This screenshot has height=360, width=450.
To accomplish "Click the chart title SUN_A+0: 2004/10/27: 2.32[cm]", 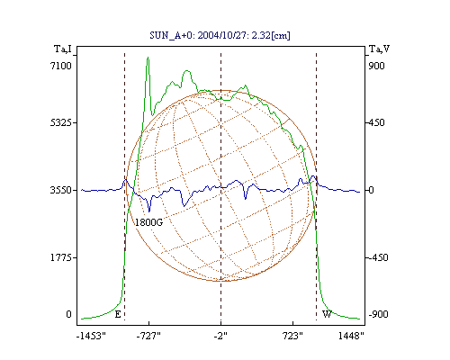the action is [220, 35].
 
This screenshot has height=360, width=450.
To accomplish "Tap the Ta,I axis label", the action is [63, 49].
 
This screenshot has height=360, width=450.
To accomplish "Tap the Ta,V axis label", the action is [379, 49].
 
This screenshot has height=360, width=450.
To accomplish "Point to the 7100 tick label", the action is [61, 66].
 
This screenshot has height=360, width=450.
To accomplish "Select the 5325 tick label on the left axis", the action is [61, 122].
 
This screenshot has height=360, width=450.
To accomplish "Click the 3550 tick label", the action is [61, 190].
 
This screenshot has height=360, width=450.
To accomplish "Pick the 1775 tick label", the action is [61, 257].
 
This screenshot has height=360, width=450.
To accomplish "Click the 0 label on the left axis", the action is [68, 314].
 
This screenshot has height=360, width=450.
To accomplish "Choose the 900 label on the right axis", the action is [376, 66].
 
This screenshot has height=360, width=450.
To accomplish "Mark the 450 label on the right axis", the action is [376, 122].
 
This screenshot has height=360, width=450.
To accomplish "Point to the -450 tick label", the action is [378, 257].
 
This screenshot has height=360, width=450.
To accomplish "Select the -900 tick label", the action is [378, 314].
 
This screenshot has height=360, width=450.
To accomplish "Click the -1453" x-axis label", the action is [91, 336].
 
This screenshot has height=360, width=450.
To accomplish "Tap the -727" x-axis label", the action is [148, 336].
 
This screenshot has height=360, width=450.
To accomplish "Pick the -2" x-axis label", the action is [220, 336].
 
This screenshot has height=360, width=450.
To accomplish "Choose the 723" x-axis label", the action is [292, 336].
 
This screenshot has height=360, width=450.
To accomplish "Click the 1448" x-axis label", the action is [351, 336].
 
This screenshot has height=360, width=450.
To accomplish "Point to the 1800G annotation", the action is [148, 222].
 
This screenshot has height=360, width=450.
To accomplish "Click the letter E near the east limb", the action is [118, 314].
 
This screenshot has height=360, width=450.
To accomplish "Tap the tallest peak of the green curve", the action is [148, 57].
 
